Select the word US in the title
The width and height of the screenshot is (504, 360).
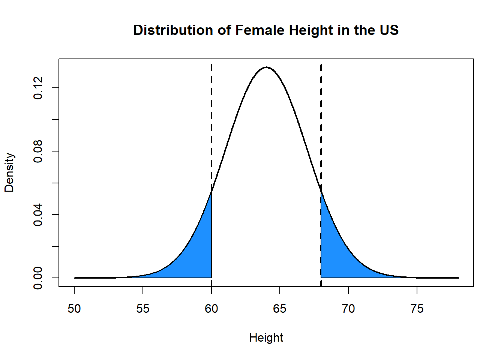389,30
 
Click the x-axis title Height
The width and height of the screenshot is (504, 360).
266,338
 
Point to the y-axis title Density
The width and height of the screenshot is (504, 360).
9,172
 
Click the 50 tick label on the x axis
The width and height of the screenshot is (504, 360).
74,309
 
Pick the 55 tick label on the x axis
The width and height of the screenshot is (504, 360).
143,309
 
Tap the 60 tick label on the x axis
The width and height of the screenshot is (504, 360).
211,309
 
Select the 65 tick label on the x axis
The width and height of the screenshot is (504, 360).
280,309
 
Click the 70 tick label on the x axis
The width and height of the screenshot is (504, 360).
348,309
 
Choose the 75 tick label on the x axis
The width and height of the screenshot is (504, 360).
417,309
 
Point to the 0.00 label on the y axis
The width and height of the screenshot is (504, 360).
38,278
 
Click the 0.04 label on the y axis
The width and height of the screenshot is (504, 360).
38,214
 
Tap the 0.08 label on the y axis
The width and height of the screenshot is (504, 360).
38,151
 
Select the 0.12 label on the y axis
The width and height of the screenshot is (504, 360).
38,88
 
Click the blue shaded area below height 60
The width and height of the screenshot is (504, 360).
197,255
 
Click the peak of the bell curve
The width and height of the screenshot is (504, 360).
266,67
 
